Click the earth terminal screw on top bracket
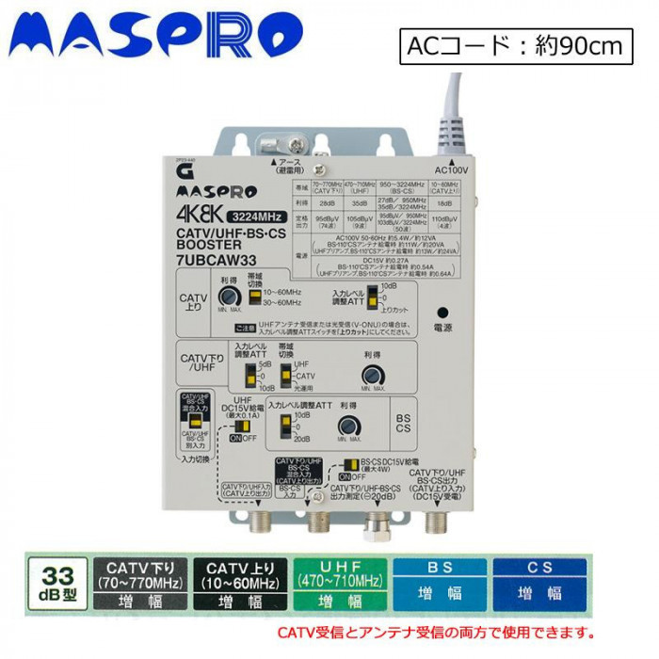click(298, 144)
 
